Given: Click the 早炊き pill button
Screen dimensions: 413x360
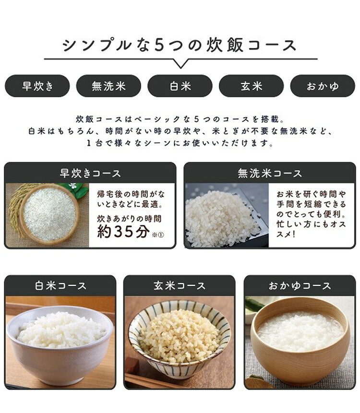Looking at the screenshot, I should coord(37,86).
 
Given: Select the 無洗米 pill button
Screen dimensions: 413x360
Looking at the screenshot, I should coord(108,86).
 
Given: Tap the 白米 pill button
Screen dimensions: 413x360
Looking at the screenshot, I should coord(180,86).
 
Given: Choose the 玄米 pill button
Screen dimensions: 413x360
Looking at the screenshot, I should coord(251,86).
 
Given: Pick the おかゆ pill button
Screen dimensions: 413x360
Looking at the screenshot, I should coord(323,86).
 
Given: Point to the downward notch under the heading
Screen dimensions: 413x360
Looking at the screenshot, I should coord(180,63).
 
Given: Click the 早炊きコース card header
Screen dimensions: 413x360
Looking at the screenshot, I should coord(90,173).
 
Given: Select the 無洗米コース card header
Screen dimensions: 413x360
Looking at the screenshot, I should coord(270,173).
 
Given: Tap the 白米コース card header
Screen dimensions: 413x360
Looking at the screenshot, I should coord(60,286).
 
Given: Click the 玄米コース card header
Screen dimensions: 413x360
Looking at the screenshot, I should coord(180,286).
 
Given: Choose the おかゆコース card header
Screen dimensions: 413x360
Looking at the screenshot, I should coord(300,286).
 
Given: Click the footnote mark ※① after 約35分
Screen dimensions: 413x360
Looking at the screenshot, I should coord(157,236).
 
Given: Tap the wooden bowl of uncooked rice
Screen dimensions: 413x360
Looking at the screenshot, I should coord(49,213).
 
